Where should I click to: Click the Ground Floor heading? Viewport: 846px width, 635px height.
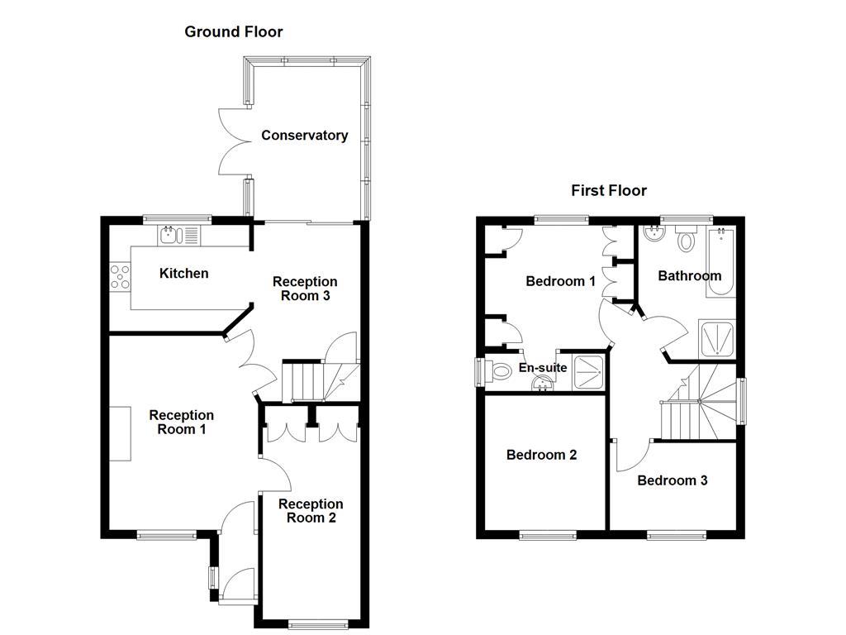click(233, 32)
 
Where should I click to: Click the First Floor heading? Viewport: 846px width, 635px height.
click(609, 191)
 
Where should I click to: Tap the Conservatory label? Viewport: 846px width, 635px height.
click(304, 136)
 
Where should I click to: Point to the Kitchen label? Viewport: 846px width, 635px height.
click(183, 274)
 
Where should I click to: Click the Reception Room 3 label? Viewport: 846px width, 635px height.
click(305, 289)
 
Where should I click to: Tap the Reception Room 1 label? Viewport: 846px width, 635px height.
click(181, 423)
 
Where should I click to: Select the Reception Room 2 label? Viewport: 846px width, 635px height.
click(311, 511)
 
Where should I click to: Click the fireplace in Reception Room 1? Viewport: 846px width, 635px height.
click(121, 433)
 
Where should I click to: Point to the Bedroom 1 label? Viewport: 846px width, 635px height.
click(560, 281)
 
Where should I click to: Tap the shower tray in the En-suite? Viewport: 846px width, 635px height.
click(588, 371)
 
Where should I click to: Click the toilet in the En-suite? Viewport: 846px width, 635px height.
click(497, 372)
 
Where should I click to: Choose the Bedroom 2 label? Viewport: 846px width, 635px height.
click(541, 455)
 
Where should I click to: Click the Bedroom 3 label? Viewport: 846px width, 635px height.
click(672, 480)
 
